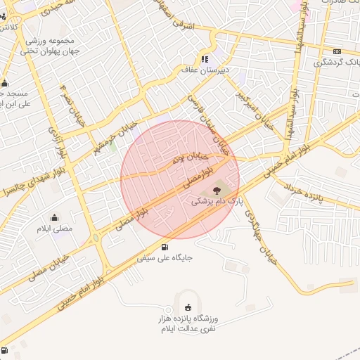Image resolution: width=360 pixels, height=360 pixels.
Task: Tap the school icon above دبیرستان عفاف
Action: click(205, 59)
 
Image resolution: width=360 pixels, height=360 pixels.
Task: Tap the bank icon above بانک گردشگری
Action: click(337, 51)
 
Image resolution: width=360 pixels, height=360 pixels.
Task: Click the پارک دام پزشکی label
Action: click(216, 201)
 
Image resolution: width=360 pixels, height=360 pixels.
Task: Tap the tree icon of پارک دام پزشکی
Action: click(216, 190)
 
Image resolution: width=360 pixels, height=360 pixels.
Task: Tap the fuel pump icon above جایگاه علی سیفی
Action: click(165, 246)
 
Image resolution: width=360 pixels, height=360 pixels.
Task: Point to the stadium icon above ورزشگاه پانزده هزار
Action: click(188, 307)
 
